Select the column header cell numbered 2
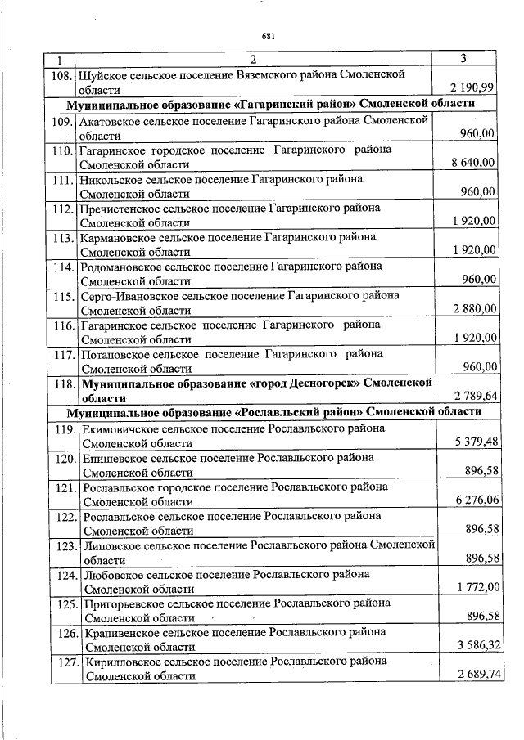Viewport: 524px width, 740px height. coord(253,59)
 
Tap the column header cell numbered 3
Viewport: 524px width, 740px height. coord(463,59)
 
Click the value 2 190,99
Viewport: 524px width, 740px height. coord(472,88)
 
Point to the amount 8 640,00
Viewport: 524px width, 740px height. coord(473,163)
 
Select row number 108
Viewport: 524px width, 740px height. coord(60,74)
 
